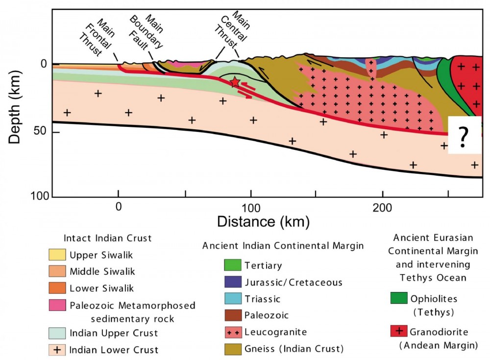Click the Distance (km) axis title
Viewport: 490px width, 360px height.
(264, 221)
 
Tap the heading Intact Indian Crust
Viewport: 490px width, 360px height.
(108, 239)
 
